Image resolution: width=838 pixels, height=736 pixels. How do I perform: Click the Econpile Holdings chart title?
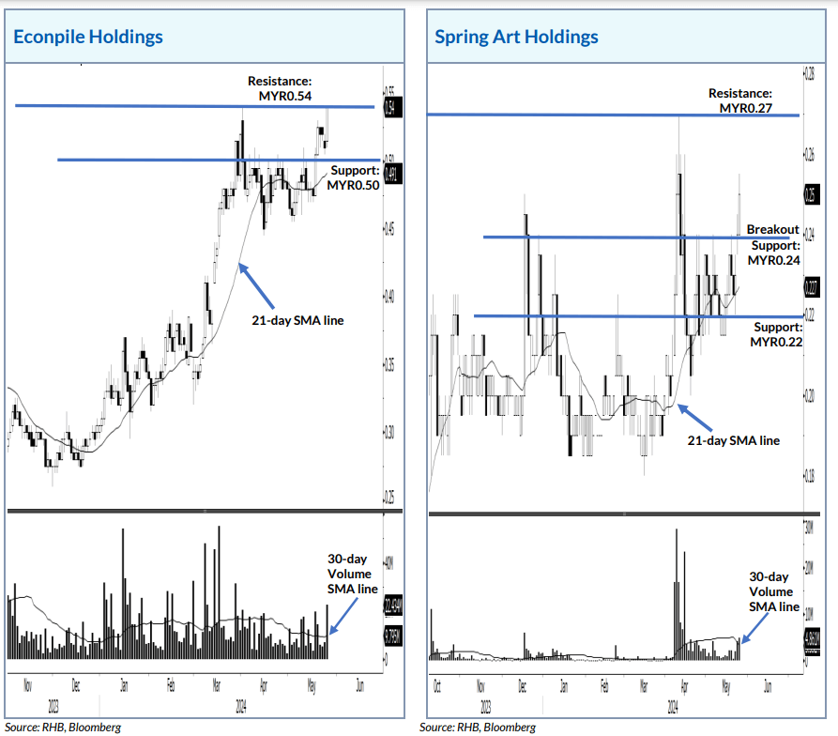coord(87,38)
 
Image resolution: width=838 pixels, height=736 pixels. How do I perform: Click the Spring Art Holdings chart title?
coord(516,38)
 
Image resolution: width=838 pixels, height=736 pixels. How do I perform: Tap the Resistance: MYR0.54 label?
coord(281,88)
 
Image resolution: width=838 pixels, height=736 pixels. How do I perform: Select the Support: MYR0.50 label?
coord(353,178)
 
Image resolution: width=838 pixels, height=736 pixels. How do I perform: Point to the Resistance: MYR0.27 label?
coord(740,100)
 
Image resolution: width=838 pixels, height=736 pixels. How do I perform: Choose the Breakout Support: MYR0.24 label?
coord(773,244)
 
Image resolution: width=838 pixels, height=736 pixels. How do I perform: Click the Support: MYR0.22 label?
coord(775,333)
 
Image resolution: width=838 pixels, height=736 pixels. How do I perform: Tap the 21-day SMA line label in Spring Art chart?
coord(733,439)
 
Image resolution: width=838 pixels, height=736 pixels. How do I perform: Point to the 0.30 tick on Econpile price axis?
coord(389,433)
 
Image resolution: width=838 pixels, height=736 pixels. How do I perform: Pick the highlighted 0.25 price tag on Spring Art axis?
coord(810,195)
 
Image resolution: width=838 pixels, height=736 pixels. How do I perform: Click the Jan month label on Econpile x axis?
coord(124,685)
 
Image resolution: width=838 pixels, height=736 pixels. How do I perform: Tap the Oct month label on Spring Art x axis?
coord(437,686)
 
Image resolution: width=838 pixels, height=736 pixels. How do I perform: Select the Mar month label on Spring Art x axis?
coord(644,686)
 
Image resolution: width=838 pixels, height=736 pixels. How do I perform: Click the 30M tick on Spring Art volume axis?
coord(809,528)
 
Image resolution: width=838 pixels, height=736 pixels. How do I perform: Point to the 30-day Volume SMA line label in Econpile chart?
coord(352,574)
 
